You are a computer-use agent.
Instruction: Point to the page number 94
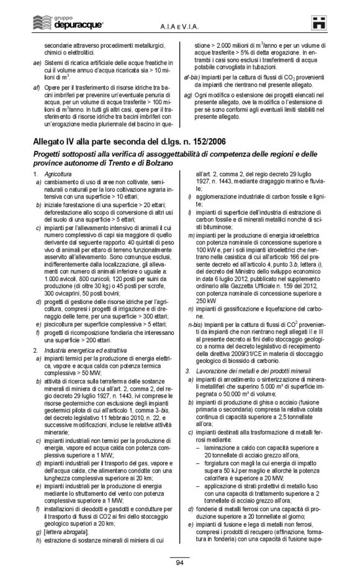[179, 563]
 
